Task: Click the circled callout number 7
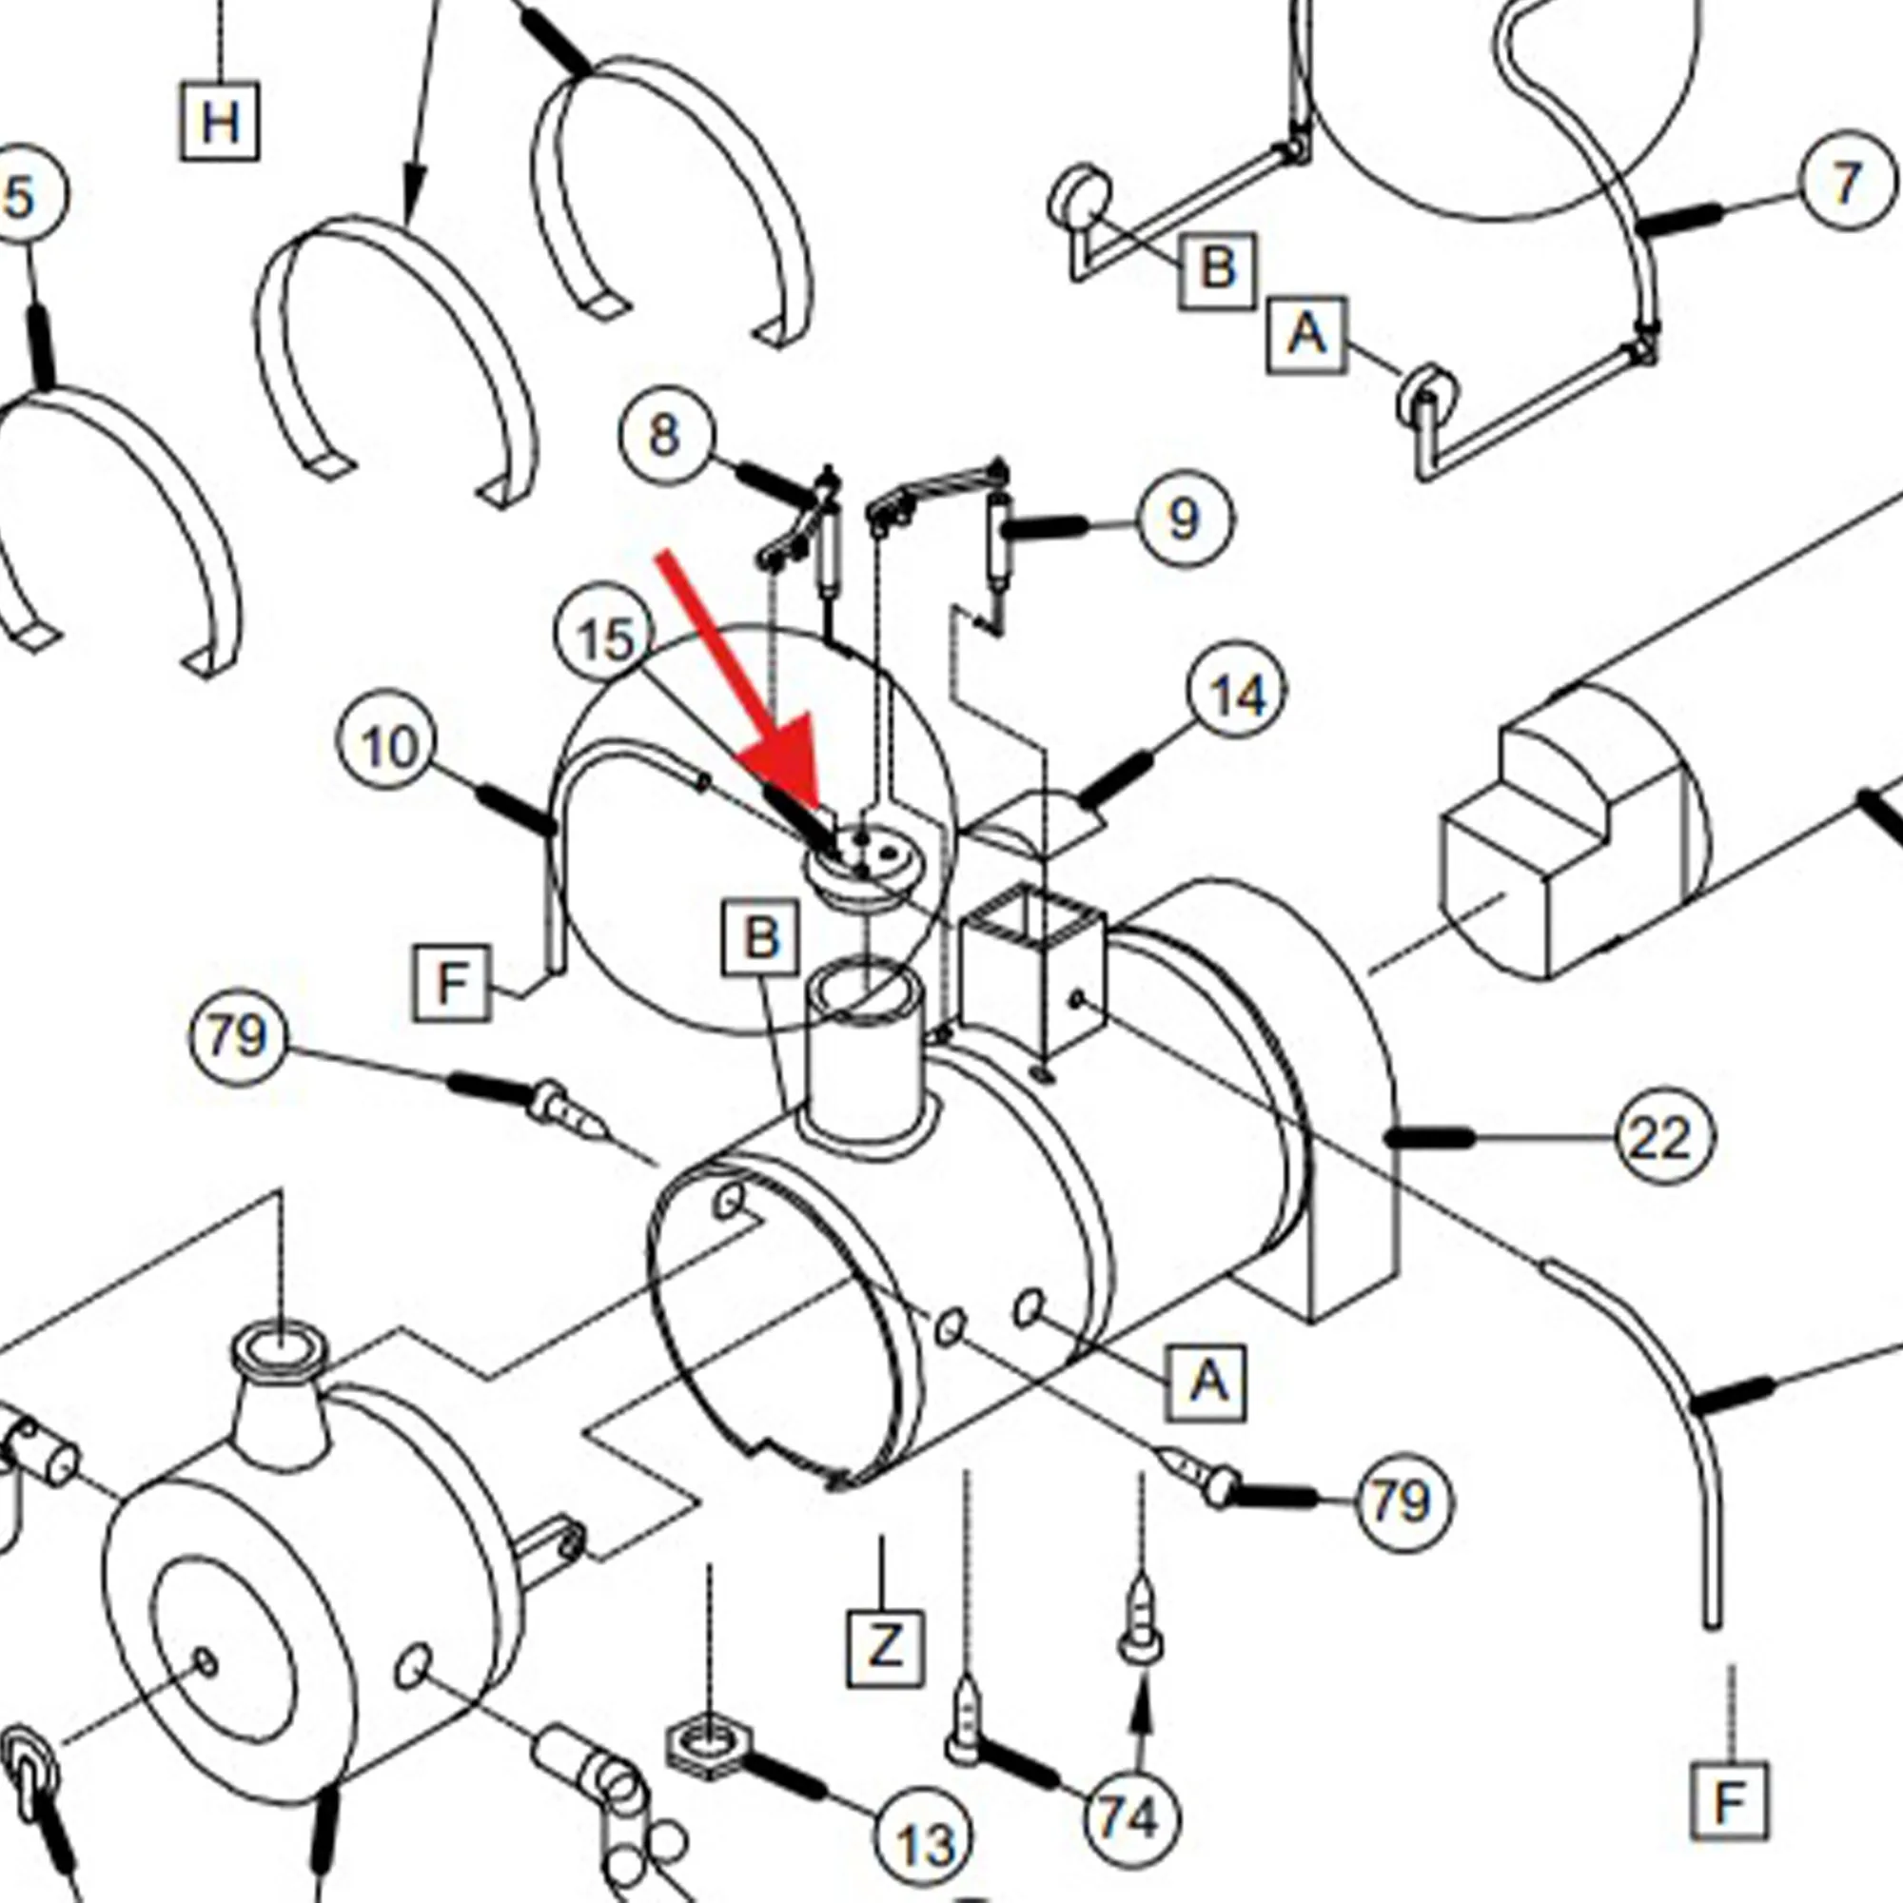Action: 1847,184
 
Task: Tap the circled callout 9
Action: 1185,519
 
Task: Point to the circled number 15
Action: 605,640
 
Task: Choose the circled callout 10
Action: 388,747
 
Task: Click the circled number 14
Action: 1237,696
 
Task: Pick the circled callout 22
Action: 1664,1139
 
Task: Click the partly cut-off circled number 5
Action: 25,194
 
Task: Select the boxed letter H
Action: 220,122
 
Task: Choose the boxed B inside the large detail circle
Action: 760,938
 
